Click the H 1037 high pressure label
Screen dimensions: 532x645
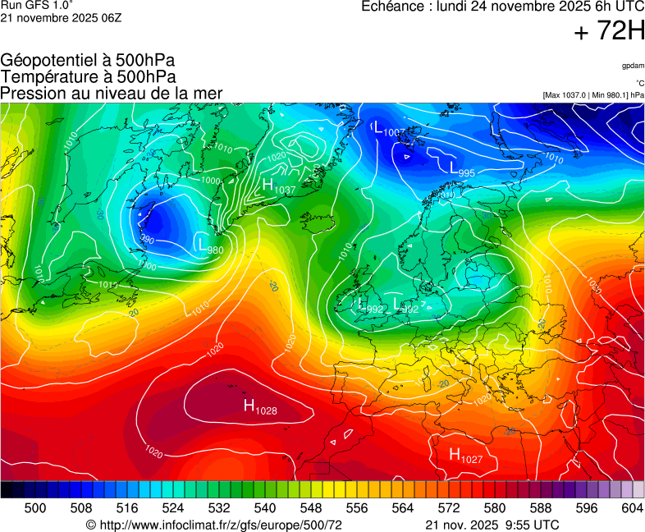coord(278,187)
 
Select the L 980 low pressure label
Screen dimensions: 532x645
coord(210,244)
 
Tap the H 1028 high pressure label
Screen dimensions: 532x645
coord(259,406)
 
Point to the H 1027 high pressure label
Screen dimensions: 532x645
coord(465,455)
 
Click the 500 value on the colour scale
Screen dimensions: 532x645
coord(35,508)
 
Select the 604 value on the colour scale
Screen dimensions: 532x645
coord(632,508)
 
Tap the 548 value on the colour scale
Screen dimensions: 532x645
coord(311,508)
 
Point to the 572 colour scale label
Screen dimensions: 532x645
coord(449,508)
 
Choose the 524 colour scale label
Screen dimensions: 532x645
coord(173,508)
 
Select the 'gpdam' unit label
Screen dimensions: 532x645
coord(633,66)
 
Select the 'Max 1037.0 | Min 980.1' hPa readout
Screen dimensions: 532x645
coord(592,95)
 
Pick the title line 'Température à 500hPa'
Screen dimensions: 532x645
coord(88,76)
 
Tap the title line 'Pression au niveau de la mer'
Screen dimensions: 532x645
coord(112,93)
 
